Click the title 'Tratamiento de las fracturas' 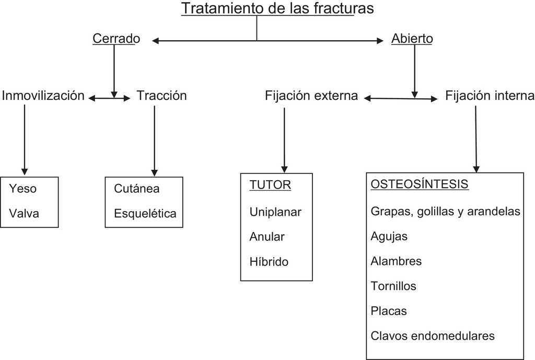277,9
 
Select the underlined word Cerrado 116,38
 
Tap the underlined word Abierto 412,38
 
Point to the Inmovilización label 43,96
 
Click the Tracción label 161,96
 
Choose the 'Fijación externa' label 311,96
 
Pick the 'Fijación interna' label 490,96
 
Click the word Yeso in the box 23,188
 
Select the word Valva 24,213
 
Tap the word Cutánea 136,188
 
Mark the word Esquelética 145,213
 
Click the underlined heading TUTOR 270,185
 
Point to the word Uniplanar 275,212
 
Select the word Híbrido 269,262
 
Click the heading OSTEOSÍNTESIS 419,185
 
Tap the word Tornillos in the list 393,286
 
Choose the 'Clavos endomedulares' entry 432,335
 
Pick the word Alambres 396,261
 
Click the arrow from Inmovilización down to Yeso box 24,138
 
